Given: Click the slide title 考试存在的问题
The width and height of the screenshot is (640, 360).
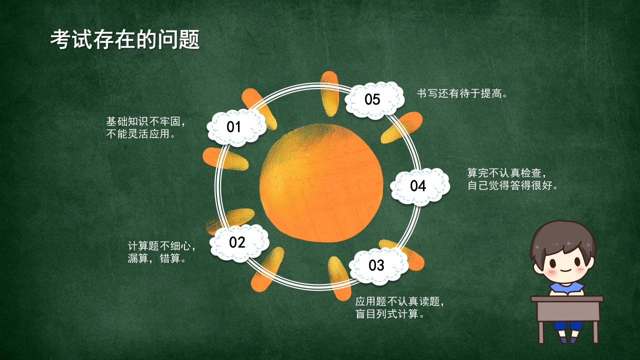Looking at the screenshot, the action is (x=125, y=39).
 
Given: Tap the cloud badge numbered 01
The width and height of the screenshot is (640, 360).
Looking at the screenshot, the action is (x=236, y=127).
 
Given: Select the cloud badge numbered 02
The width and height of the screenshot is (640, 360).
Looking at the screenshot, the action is (x=239, y=243).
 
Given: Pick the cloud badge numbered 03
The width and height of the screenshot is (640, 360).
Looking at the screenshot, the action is (x=379, y=265).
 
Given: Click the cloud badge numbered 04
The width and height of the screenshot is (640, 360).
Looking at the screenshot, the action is (x=420, y=186).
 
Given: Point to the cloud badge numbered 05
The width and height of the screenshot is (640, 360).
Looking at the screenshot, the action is (x=374, y=100).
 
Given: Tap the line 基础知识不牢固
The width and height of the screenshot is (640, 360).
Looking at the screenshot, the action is (x=145, y=121).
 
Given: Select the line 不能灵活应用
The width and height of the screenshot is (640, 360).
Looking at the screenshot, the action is (x=140, y=134).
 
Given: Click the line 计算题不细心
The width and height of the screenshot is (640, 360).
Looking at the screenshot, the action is (x=161, y=246).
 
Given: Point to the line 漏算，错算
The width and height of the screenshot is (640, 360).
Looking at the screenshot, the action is (x=156, y=258).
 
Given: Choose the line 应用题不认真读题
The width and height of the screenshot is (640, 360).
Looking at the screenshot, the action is (x=399, y=301).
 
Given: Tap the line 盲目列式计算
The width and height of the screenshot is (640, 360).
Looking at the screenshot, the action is (x=389, y=314).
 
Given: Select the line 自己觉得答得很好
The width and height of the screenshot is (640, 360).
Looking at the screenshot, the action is (x=512, y=185).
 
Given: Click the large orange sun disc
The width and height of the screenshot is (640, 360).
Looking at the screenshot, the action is (x=321, y=183).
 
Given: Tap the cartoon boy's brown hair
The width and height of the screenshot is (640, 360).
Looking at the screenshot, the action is (x=562, y=237).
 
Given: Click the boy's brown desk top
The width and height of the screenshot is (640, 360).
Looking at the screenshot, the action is (x=567, y=299).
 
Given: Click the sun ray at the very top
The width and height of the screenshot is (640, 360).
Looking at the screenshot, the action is (x=329, y=93).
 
